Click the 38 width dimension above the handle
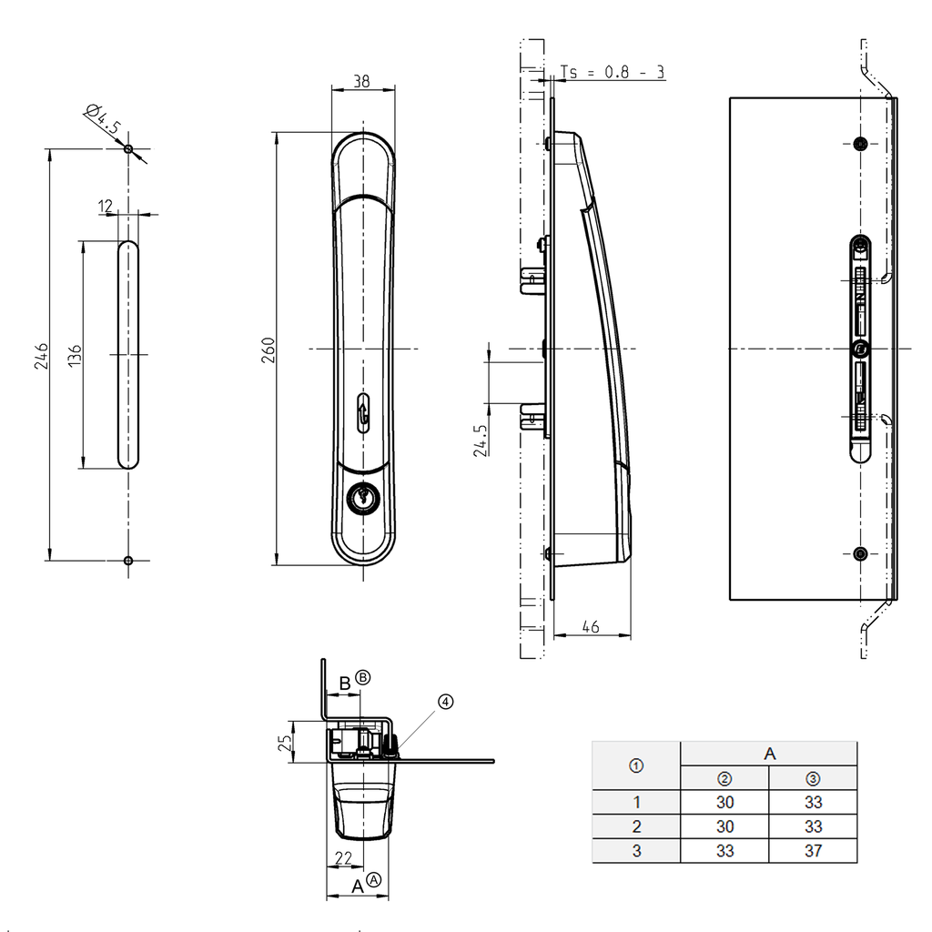click(x=361, y=81)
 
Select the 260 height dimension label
click(x=268, y=349)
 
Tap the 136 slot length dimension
click(x=75, y=355)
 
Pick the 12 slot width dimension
click(x=106, y=207)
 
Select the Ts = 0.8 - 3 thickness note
click(x=612, y=72)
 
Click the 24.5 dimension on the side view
click(x=481, y=439)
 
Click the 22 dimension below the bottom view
click(x=343, y=857)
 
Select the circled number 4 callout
click(x=444, y=702)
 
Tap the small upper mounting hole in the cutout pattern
click(x=128, y=149)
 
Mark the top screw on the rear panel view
click(x=861, y=143)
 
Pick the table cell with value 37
click(x=813, y=851)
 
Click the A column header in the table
click(x=769, y=754)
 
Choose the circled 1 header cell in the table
click(x=636, y=766)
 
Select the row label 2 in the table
click(x=636, y=826)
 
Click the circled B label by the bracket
click(x=363, y=678)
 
